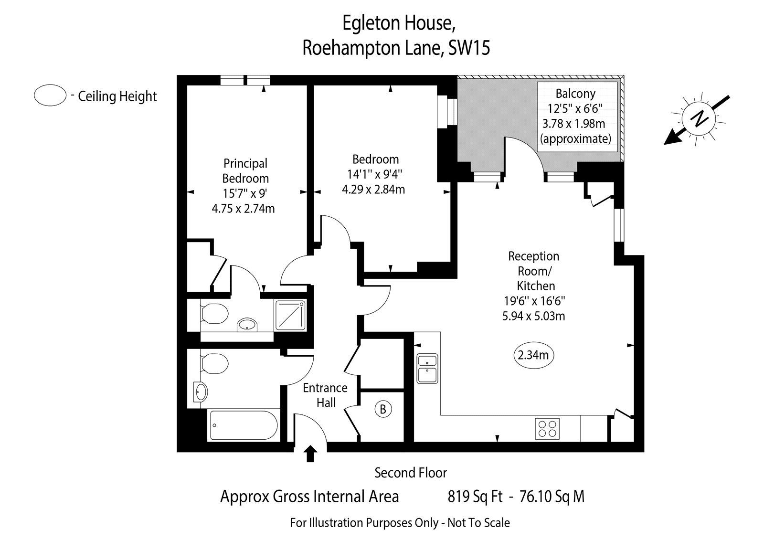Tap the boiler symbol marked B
pyautogui.click(x=383, y=409)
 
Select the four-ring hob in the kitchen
pyautogui.click(x=547, y=428)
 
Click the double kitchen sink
pyautogui.click(x=427, y=368)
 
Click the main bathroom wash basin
pyautogui.click(x=201, y=392)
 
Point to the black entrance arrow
pyautogui.click(x=310, y=454)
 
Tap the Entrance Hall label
pyautogui.click(x=325, y=395)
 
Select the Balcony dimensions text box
pyautogui.click(x=576, y=116)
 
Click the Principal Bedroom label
pyautogui.click(x=245, y=170)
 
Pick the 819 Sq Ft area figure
pyautogui.click(x=475, y=497)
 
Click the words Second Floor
pyautogui.click(x=411, y=473)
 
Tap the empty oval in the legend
pyautogui.click(x=50, y=96)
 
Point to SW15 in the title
pyautogui.click(x=469, y=48)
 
